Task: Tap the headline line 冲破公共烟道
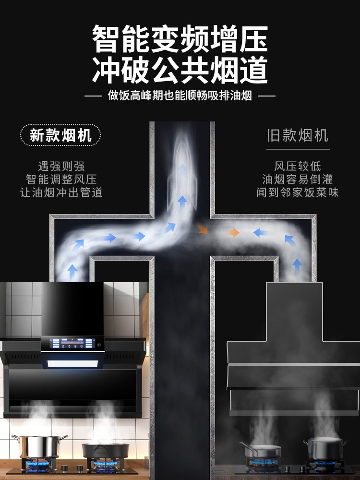(x=180, y=70)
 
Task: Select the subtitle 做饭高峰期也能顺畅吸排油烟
(x=180, y=96)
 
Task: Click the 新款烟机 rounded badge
(x=60, y=135)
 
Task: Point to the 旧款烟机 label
(x=298, y=135)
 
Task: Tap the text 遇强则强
(x=61, y=167)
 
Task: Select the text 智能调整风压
(x=61, y=180)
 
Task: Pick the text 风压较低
(x=298, y=167)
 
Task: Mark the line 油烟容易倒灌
(x=298, y=180)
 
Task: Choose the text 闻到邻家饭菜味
(x=298, y=192)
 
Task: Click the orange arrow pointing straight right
(x=233, y=233)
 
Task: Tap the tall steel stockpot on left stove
(x=39, y=446)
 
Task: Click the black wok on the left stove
(x=105, y=450)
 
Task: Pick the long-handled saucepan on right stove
(x=262, y=451)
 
